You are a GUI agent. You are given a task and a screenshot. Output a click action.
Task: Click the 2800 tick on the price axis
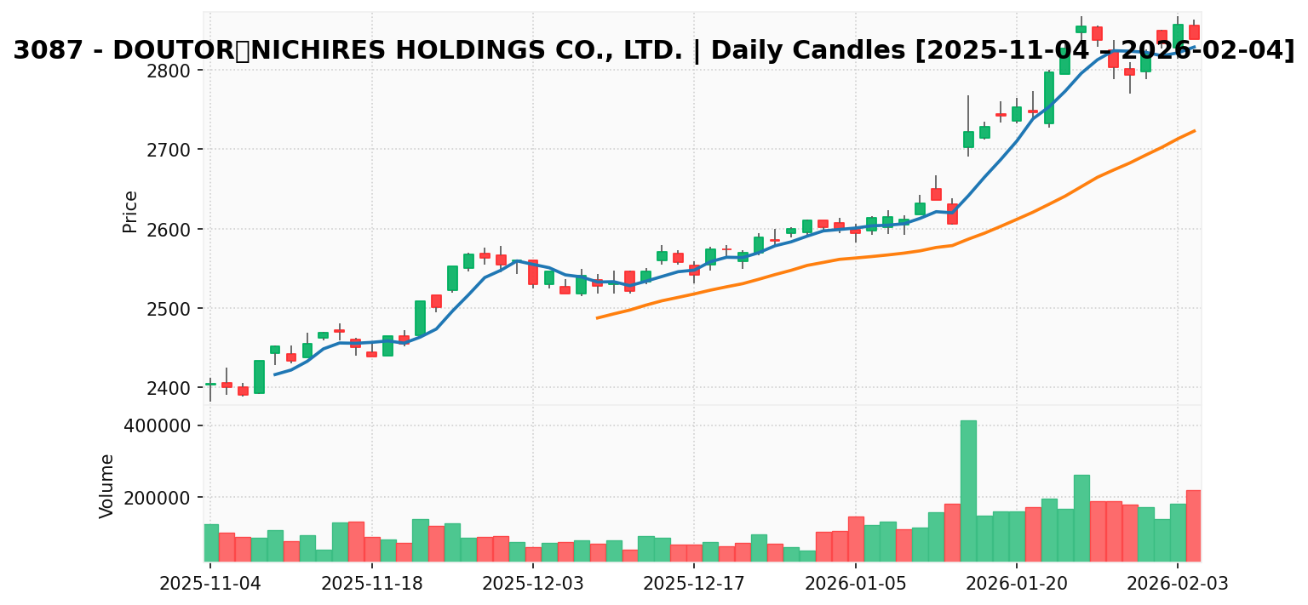coord(176,70)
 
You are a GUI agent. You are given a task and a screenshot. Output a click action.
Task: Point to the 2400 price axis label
coord(176,388)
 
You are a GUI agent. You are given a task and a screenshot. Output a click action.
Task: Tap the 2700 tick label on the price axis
coord(176,150)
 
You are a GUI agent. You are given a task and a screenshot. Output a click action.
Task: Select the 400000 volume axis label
coord(164,425)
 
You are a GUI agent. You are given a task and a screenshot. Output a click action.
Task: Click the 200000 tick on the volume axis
coord(164,498)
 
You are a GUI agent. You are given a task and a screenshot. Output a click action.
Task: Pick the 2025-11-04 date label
coord(210,585)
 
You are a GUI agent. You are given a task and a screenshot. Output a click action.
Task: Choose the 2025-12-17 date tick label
coord(694,585)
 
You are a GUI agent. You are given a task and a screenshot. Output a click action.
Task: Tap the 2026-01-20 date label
coord(1017,585)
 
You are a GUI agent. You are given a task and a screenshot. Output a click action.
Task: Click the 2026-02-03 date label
coord(1178,585)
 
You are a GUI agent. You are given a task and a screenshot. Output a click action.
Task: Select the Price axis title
coord(130,211)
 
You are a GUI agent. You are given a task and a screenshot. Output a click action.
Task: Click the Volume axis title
coord(107,486)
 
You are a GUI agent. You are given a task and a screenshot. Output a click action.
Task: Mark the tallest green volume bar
coord(968,491)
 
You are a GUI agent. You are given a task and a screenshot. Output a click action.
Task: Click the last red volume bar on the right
coord(1193,525)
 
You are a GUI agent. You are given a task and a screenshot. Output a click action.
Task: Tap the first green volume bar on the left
coord(210,543)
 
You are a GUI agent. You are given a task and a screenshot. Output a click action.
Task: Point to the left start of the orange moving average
coord(597,318)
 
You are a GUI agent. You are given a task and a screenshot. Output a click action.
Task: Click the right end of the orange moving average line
coord(1195,130)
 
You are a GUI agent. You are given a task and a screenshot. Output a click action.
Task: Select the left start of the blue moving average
coord(274,374)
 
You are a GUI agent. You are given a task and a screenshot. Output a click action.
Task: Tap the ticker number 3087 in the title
coord(48,51)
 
